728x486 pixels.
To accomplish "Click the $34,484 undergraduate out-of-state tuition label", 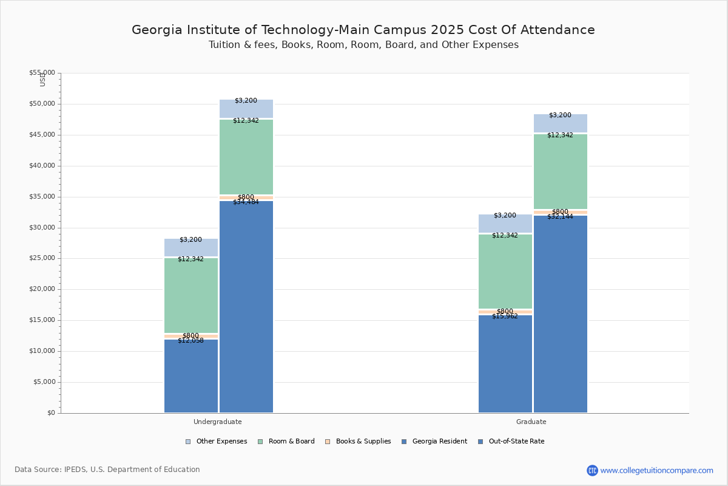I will [246, 202].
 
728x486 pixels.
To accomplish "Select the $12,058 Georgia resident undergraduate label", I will [190, 341].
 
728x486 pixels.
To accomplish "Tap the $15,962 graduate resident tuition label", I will [505, 317].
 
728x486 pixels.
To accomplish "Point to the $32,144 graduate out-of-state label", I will [560, 217].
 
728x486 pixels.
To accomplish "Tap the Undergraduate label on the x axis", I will [218, 422].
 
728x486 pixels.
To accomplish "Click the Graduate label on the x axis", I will [531, 422].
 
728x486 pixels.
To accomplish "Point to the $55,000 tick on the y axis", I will [42, 73].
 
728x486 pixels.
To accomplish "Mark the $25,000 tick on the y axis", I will [42, 258].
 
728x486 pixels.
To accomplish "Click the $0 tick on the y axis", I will [50, 413].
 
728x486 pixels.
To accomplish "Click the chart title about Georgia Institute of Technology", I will [363, 30].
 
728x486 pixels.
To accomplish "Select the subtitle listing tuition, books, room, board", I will [363, 45].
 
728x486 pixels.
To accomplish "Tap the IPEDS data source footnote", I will [107, 470].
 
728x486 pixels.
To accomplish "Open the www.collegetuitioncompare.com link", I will [656, 470].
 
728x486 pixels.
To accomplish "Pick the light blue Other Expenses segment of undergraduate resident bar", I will [190, 247].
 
